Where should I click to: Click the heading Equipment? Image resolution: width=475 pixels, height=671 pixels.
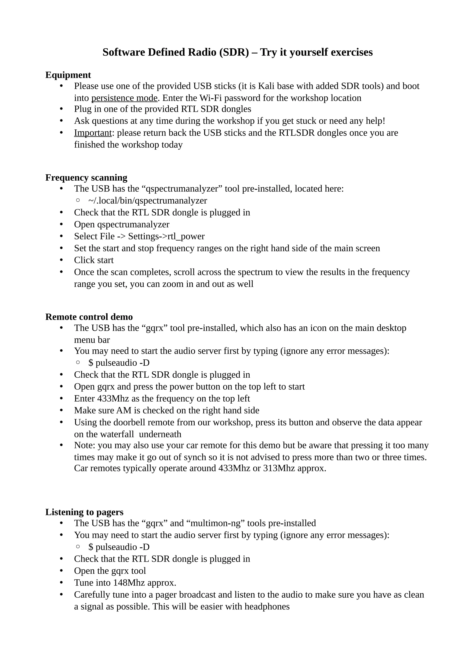click(68, 75)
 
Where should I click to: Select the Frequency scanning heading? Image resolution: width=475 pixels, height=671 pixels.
click(86, 177)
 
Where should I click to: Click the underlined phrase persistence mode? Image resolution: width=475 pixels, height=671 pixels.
click(124, 98)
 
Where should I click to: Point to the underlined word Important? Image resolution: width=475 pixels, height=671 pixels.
click(93, 133)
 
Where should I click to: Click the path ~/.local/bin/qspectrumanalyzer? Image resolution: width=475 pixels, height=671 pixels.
click(148, 201)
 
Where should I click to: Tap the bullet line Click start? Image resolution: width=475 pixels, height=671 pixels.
click(94, 260)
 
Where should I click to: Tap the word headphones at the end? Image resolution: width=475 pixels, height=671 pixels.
click(267, 606)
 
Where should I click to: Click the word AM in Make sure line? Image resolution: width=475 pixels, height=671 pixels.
click(124, 410)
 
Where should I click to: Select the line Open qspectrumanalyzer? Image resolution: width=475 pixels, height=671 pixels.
click(122, 224)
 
